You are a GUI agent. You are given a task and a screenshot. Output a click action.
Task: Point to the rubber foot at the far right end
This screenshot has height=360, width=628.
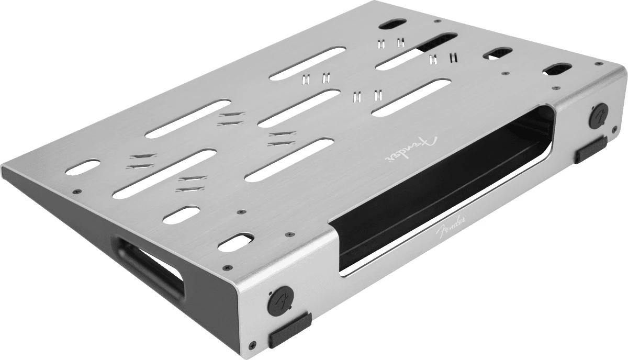click(x=591, y=150)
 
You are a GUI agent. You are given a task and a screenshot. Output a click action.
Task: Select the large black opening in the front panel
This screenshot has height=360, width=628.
click(x=445, y=188)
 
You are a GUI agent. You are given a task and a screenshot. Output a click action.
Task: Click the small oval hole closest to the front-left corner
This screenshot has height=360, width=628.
click(x=234, y=241)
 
